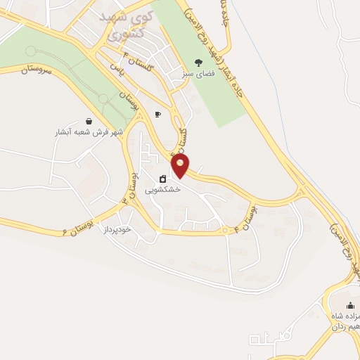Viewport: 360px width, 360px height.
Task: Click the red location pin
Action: [181, 165]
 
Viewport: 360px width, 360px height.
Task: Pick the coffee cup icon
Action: [157, 114]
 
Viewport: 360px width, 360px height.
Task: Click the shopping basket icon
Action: [88, 121]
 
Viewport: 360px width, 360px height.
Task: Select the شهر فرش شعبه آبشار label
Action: [88, 132]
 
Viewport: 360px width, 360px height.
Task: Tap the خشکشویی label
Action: [162, 190]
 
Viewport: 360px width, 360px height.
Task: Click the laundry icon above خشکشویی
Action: [162, 179]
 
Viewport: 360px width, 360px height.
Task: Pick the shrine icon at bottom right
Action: [350, 304]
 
